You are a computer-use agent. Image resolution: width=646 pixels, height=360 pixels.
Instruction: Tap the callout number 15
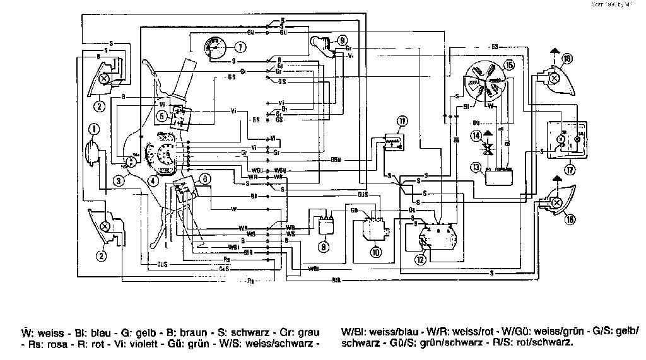509,64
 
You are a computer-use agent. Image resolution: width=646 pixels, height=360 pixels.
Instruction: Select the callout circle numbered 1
93,130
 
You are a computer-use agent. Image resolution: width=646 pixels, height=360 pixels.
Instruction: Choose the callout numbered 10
376,251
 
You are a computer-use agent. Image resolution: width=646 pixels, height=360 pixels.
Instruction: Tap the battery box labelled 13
502,175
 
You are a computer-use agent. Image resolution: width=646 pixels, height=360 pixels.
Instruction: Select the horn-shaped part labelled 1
93,153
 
